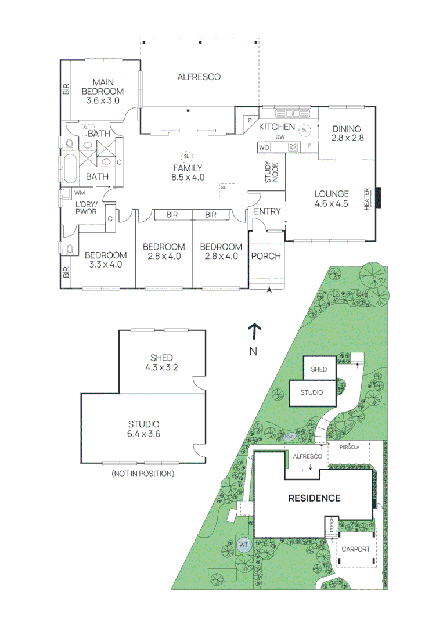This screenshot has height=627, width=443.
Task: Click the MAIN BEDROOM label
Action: click(103, 92)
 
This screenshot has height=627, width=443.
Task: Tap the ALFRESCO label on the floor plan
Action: click(199, 77)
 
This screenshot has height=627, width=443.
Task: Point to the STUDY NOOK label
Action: click(272, 172)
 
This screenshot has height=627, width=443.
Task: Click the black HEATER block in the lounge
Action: click(379, 198)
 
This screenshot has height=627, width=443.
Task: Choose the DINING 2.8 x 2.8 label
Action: click(347, 134)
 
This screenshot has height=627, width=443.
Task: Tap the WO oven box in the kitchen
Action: click(264, 148)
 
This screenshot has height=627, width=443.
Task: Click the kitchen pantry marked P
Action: click(249, 121)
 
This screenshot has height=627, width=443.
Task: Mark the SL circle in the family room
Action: click(186, 156)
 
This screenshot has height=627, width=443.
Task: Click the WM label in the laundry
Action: click(80, 192)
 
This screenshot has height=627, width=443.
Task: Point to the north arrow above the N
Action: click(253, 331)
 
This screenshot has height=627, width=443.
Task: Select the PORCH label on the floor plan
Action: click(266, 256)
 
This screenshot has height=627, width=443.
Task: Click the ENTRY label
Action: click(267, 212)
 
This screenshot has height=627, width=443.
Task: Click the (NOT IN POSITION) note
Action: click(142, 474)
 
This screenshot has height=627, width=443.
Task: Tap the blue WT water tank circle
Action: click(243, 545)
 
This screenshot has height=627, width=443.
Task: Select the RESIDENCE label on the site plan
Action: click(314, 498)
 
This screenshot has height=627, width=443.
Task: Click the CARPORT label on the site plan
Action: click(355, 549)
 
